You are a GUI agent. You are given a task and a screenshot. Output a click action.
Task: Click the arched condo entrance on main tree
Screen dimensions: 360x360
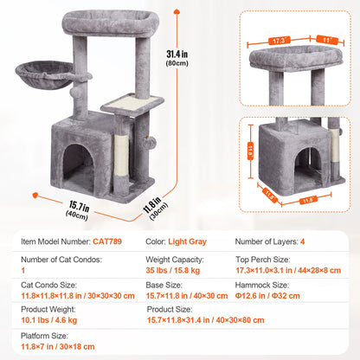(80, 161)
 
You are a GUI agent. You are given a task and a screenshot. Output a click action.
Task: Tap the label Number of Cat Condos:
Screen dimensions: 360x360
(53, 258)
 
